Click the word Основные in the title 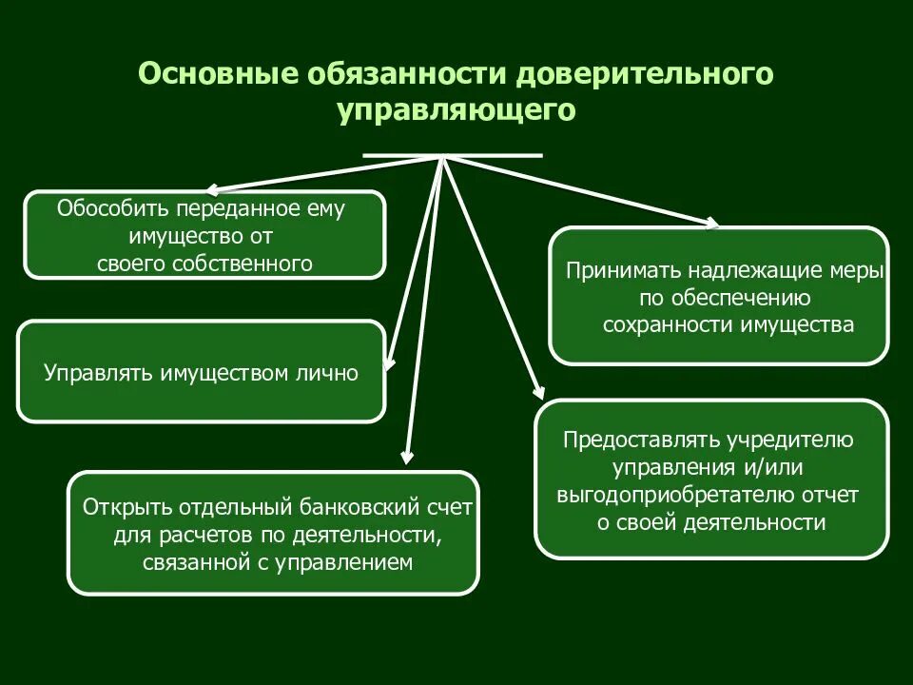click(x=216, y=75)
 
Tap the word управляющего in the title click(x=456, y=110)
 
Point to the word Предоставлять click(x=641, y=440)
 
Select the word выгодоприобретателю click(x=675, y=495)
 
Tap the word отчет click(x=834, y=495)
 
